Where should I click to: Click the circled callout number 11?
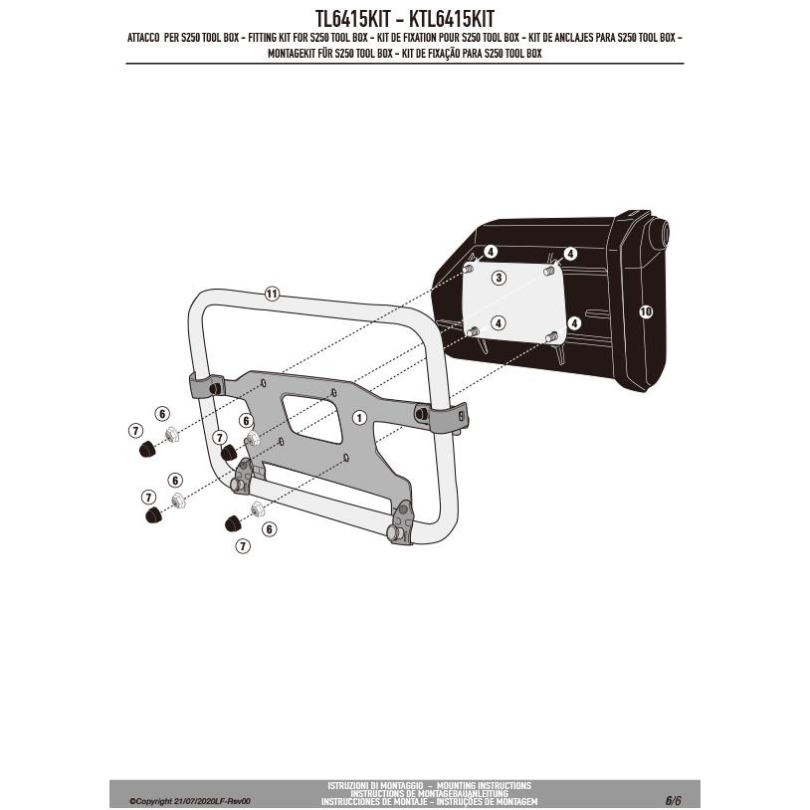pos(272,294)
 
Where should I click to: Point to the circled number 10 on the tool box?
pos(645,311)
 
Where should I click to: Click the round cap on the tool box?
pos(658,238)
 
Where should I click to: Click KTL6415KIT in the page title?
pos(453,18)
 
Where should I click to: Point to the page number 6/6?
pos(674,800)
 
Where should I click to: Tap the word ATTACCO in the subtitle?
pos(147,38)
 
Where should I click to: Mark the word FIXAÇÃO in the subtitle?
pos(457,53)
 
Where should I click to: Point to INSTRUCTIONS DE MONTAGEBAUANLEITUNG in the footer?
pos(429,794)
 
